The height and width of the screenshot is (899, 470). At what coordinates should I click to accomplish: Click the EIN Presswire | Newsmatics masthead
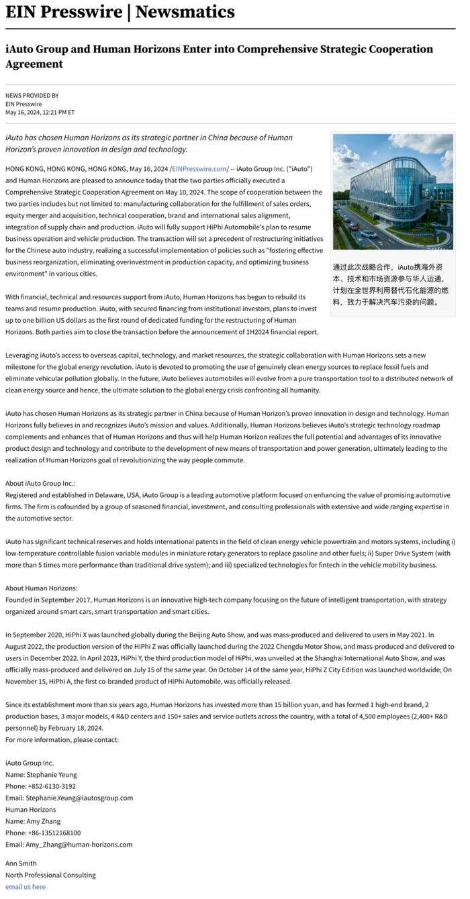pos(120,12)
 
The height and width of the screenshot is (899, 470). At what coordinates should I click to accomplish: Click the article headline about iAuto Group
pos(219,56)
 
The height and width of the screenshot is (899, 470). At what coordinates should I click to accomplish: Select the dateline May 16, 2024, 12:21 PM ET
pos(40,112)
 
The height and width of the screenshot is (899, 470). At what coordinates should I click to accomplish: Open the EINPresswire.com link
pos(199,168)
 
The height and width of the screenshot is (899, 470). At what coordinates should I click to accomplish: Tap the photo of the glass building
pos(393,191)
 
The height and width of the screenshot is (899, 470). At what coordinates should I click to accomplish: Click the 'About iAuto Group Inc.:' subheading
pos(40,483)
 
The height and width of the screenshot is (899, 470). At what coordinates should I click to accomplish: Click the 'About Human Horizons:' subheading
pos(41,588)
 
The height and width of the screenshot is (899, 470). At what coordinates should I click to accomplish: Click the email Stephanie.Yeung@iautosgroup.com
pos(79,798)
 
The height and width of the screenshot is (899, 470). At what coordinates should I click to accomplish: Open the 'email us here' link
pos(26,886)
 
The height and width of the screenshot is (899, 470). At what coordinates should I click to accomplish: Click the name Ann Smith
pos(21,863)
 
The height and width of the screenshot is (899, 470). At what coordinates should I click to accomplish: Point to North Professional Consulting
pos(50,875)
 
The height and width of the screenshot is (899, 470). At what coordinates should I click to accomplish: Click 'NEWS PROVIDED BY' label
pos(32,95)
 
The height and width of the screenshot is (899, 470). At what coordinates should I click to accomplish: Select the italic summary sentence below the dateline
pos(149,143)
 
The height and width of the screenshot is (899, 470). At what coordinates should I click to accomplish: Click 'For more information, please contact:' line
pos(62,739)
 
